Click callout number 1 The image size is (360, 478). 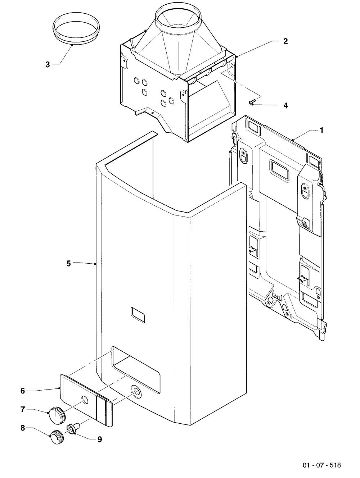321,130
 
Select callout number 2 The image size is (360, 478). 285,41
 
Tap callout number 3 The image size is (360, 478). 48,64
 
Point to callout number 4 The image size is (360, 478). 286,105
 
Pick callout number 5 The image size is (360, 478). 69,264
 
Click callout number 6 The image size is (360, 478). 23,391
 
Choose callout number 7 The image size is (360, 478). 23,409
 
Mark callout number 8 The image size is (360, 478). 23,428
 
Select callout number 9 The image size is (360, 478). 100,439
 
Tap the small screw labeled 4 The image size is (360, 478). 252,101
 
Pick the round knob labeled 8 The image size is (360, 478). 57,433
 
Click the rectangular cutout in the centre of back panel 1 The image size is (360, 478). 279,169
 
